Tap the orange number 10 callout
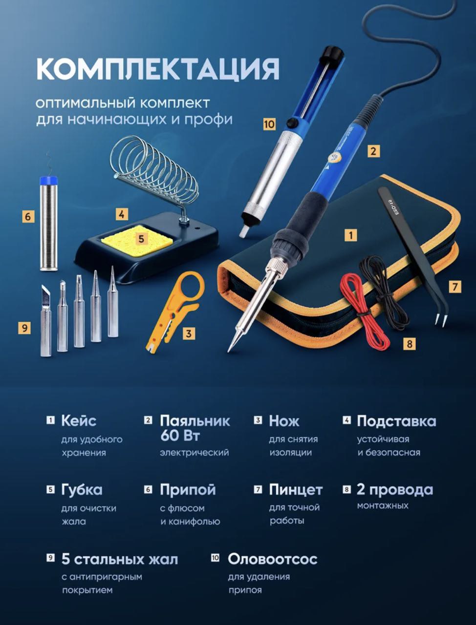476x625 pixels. [269, 124]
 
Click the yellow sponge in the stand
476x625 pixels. [137, 236]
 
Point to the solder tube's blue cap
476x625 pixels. [48, 181]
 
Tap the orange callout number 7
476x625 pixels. [454, 286]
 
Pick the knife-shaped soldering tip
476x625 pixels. [45, 320]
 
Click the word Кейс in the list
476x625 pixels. [79, 420]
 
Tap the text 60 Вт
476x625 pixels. [180, 436]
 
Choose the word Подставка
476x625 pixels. [396, 421]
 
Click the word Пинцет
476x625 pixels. [296, 490]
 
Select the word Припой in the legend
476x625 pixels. [188, 490]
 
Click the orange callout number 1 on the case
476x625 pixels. [351, 235]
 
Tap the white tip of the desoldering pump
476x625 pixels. [243, 231]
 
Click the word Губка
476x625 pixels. [82, 490]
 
